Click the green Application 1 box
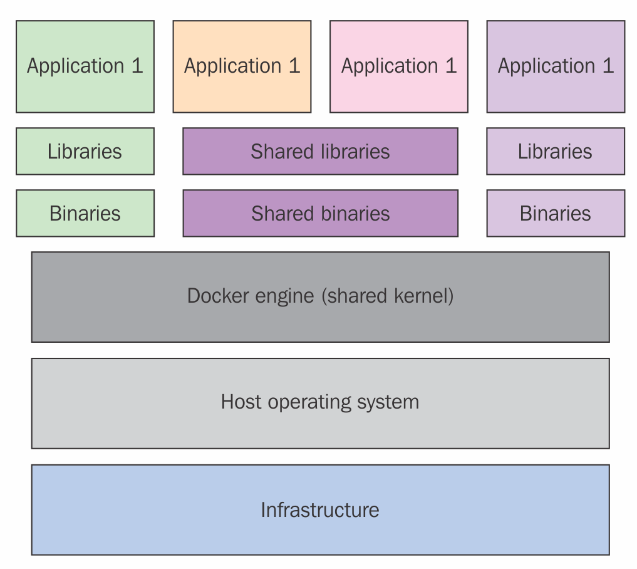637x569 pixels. [85, 66]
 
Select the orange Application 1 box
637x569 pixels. [242, 66]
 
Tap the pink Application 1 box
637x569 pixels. [399, 66]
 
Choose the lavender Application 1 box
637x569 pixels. [556, 66]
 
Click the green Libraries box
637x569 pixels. [85, 152]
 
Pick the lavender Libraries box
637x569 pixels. [556, 152]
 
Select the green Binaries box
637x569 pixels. [85, 214]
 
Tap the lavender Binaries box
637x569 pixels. [556, 214]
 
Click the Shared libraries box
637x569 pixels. [320, 152]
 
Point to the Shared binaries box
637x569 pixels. [320, 214]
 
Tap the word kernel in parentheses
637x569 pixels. [422, 296]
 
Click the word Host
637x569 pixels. [241, 402]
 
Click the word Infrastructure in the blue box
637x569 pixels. [320, 510]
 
